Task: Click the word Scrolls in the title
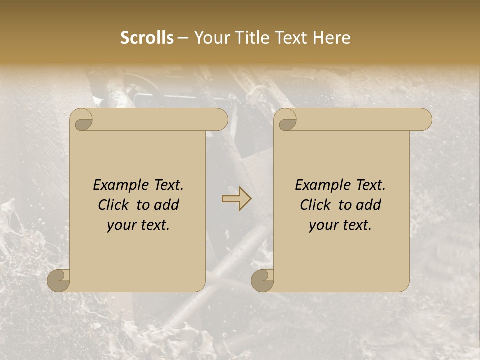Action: click(x=147, y=38)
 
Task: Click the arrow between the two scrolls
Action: click(x=236, y=199)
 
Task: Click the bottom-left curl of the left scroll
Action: click(x=59, y=280)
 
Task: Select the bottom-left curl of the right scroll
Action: click(x=262, y=280)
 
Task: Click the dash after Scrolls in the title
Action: click(x=183, y=38)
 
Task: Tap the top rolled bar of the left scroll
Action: click(x=155, y=120)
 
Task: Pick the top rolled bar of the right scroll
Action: click(x=360, y=120)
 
